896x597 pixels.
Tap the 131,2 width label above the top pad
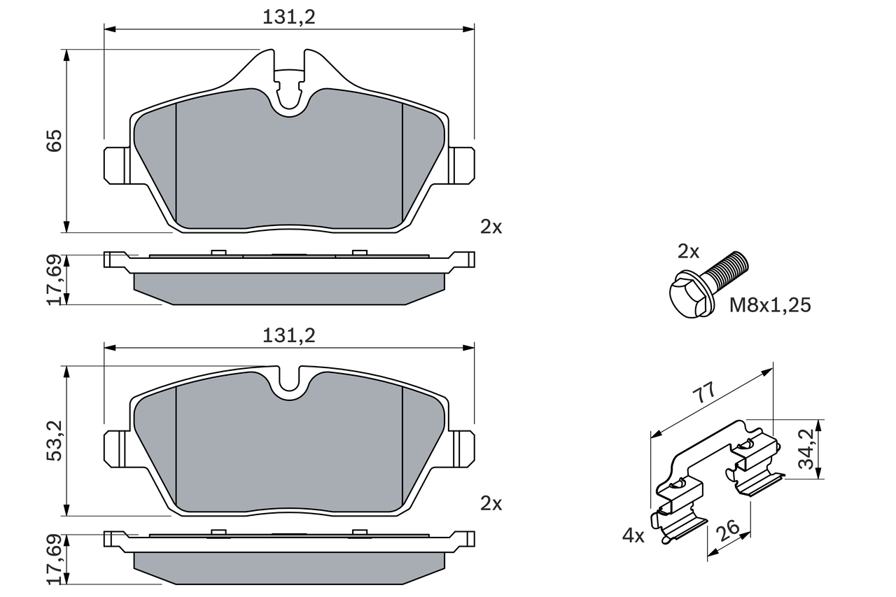click(x=289, y=18)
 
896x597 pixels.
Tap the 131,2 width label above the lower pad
click(x=289, y=335)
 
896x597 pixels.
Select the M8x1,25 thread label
click(x=770, y=305)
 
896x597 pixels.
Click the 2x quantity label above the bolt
click(x=688, y=251)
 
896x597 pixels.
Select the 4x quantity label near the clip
click(x=633, y=536)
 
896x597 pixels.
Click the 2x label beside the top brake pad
click(x=491, y=227)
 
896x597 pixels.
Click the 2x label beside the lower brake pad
click(x=491, y=503)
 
